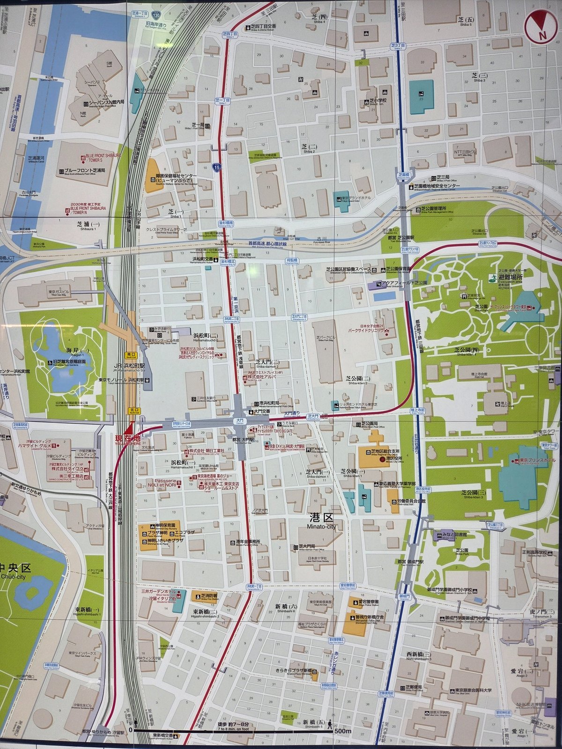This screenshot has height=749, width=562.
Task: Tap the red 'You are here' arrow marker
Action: tap(131, 429)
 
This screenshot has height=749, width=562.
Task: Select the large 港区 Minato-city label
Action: tap(321, 520)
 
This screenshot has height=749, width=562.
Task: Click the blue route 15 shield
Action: tap(216, 166)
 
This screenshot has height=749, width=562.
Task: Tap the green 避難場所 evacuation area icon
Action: tap(492, 278)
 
